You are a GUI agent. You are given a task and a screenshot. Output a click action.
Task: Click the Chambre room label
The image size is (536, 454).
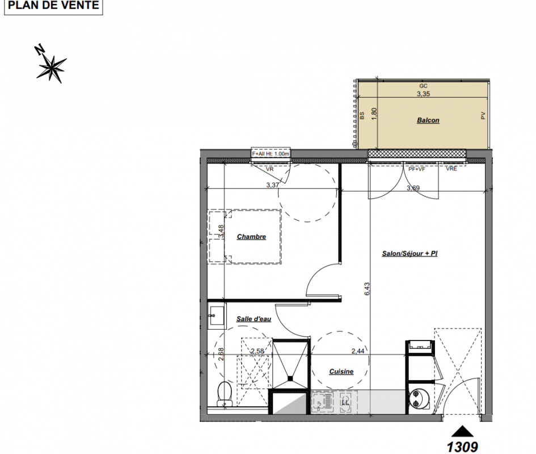click(x=251, y=237)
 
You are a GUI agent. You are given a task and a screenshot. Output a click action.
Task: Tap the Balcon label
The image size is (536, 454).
click(x=428, y=120)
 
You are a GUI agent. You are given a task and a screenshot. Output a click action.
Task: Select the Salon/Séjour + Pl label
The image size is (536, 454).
click(x=410, y=254)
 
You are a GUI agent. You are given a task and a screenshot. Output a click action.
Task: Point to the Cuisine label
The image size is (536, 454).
click(x=341, y=372)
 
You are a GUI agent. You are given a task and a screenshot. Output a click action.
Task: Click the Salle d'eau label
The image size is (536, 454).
click(x=254, y=319)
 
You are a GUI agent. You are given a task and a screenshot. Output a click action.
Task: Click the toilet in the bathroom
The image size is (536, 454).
click(x=224, y=394)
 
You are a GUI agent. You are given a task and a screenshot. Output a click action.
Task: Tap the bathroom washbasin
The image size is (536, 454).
click(x=217, y=315)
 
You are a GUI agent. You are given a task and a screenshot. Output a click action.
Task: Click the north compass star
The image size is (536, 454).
click(x=51, y=67)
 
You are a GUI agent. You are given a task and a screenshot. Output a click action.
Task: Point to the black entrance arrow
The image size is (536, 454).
click(x=462, y=431)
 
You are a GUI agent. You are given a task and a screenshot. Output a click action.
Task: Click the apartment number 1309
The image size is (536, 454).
click(x=462, y=447)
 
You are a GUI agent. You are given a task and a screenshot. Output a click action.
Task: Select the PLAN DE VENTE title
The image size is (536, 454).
click(x=53, y=5)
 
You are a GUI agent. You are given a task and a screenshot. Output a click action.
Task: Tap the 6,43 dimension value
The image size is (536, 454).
click(x=367, y=289)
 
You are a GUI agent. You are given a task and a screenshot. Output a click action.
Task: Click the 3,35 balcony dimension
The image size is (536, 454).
click(x=423, y=94)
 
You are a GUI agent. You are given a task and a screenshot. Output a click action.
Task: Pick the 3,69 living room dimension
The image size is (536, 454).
click(x=413, y=188)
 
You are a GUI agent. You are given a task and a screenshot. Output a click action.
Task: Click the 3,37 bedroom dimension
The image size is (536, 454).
click(x=272, y=185)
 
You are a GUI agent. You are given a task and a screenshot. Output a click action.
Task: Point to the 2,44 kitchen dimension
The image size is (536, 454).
click(x=357, y=351)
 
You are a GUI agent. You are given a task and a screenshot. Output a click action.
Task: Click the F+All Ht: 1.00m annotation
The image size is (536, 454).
click(x=271, y=154)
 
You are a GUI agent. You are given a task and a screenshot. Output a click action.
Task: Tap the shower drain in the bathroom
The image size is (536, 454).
click(x=290, y=379)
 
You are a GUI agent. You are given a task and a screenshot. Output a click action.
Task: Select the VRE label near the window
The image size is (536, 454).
click(x=451, y=169)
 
